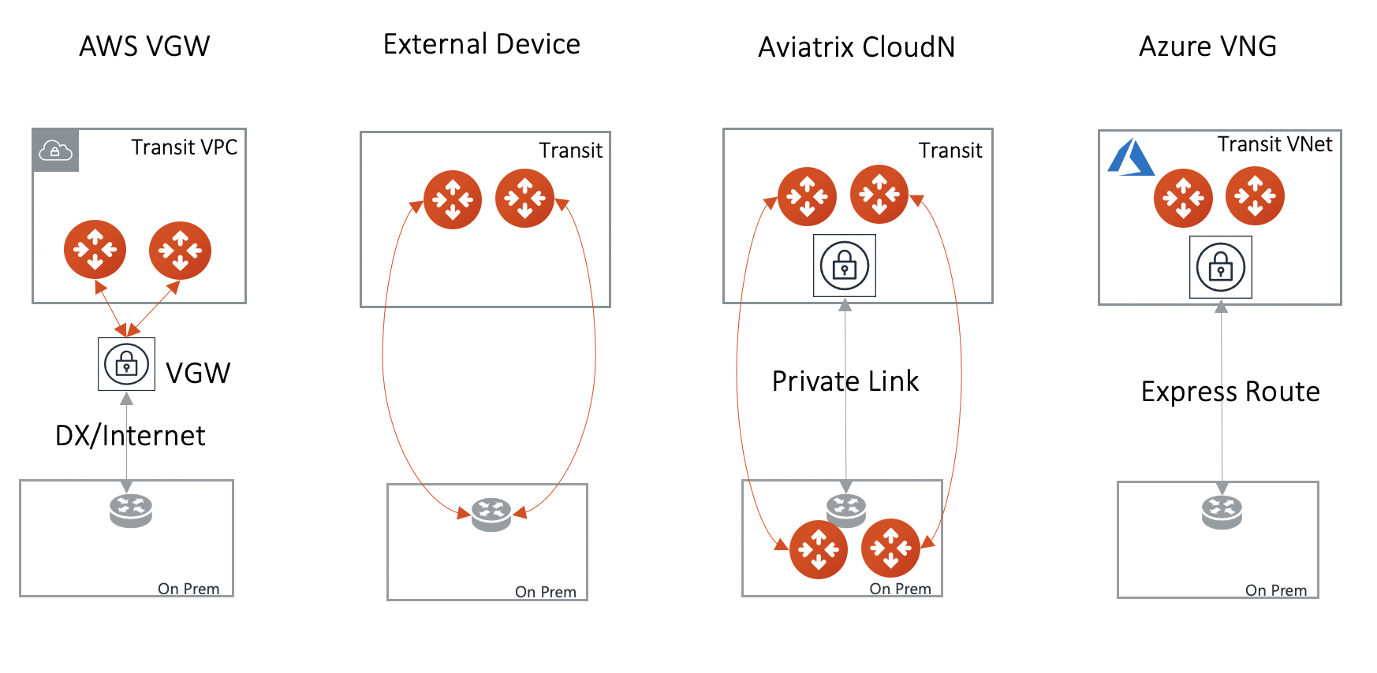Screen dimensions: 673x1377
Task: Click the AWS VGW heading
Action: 144,46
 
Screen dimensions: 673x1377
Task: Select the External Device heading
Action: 481,44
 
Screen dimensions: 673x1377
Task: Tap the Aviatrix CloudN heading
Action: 856,47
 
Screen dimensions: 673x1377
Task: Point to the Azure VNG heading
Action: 1207,46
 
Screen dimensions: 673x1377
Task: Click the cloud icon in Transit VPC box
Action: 55,150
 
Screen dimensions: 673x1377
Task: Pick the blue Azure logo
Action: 1130,158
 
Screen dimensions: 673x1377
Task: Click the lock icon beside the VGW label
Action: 126,364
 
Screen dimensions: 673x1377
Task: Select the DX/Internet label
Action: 130,436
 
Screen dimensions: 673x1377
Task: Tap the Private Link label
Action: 845,381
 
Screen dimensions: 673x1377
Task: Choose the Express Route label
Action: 1230,392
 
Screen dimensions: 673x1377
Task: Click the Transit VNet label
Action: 1274,144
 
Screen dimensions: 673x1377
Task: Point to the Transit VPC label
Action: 184,147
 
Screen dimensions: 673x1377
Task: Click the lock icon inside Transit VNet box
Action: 1220,267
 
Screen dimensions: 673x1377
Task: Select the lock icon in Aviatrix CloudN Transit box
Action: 844,266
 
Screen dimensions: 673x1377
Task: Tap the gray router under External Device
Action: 491,514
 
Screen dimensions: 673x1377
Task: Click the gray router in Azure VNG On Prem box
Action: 1222,512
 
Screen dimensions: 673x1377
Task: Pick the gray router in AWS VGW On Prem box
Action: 131,510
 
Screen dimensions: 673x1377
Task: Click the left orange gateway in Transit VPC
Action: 95,249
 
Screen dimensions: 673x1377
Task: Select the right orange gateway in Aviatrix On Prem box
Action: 890,548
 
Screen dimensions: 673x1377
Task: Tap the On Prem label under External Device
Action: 545,592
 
